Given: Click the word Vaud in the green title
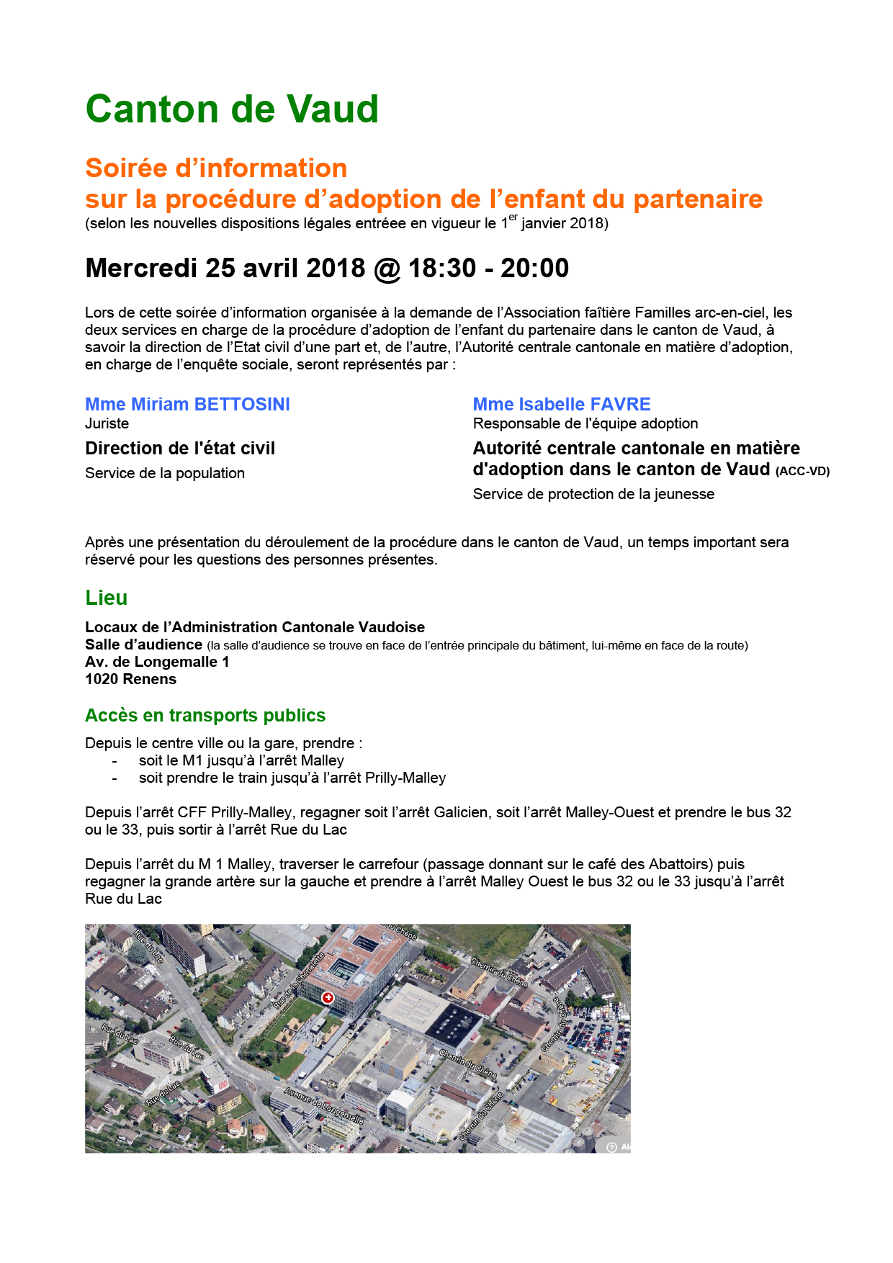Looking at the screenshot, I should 333,109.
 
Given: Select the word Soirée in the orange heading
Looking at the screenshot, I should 126,168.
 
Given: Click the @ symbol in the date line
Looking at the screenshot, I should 387,269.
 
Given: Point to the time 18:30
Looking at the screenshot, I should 441,269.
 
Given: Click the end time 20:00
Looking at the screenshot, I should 534,269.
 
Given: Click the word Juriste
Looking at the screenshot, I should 107,423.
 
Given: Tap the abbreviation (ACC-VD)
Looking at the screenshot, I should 802,471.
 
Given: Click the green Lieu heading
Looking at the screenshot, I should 106,598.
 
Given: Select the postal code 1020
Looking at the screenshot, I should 101,679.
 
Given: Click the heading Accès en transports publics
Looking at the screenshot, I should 205,715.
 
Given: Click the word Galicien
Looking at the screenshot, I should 461,812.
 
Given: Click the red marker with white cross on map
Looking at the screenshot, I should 328,997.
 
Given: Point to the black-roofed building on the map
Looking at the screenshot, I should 454,1025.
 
